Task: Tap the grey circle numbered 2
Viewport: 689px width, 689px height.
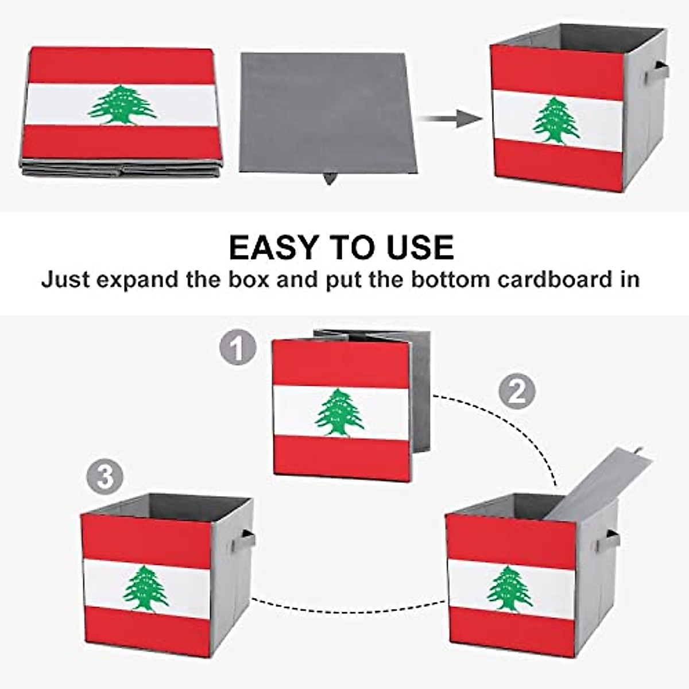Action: (517, 392)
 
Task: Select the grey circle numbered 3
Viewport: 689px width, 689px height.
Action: (105, 477)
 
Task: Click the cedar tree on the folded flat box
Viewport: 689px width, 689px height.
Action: (122, 105)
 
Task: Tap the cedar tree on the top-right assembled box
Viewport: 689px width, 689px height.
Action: (555, 121)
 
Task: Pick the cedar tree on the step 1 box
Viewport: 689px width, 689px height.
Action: (339, 412)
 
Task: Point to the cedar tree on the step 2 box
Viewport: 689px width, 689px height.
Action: (510, 588)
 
